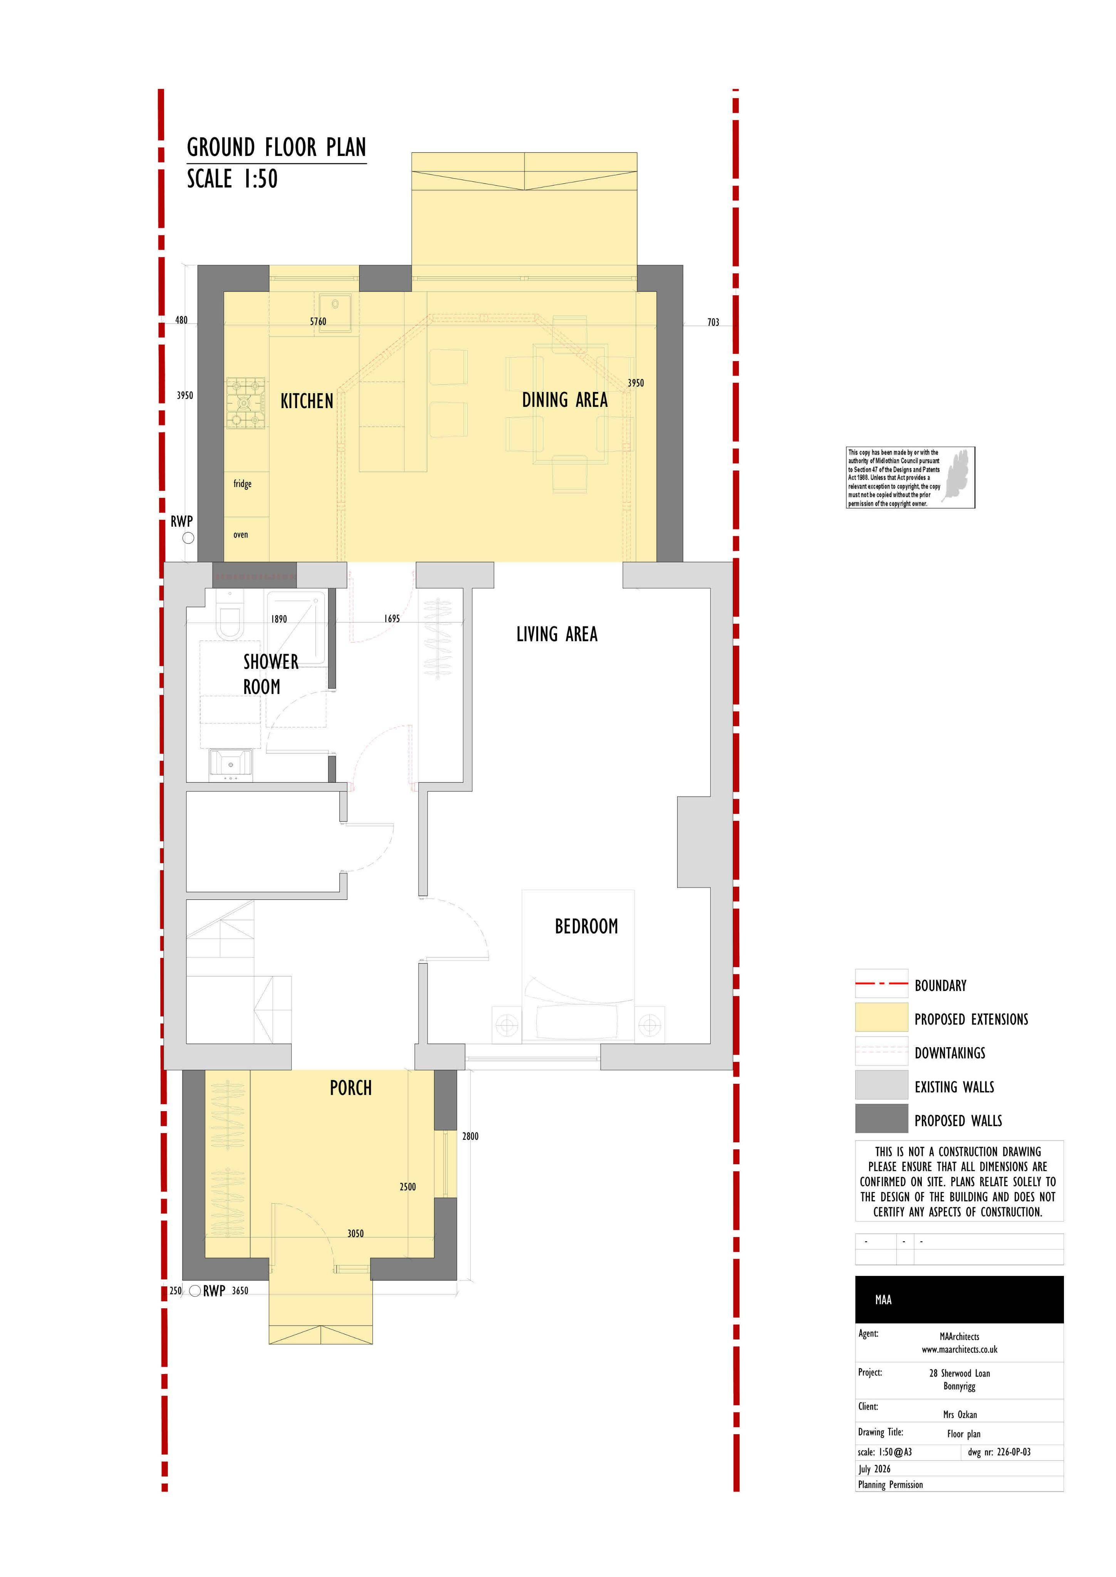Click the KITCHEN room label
tap(307, 401)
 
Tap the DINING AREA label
tap(565, 400)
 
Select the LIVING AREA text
tap(557, 634)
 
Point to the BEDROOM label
tap(586, 927)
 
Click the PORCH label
tap(351, 1088)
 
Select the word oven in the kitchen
tap(240, 534)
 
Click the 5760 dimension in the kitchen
tap(318, 321)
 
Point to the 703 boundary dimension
tap(713, 322)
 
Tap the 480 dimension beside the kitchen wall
tap(181, 320)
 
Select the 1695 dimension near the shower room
tap(392, 619)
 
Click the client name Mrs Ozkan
tap(960, 1414)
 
